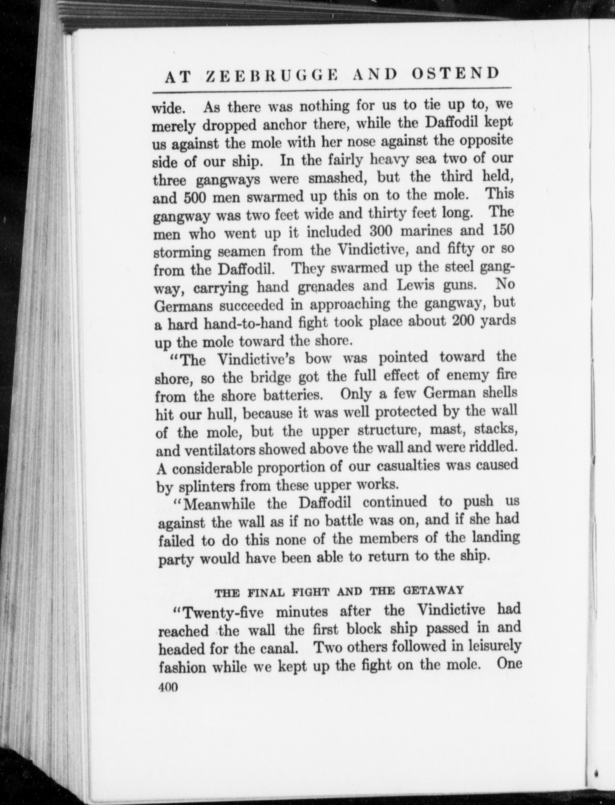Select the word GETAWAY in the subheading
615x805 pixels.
point(434,590)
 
